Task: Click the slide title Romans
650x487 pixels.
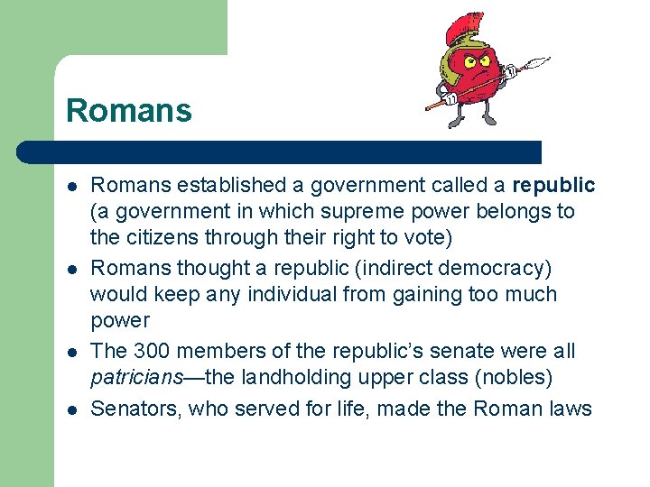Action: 129,111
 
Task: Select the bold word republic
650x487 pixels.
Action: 553,186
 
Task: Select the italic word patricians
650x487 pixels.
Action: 136,377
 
